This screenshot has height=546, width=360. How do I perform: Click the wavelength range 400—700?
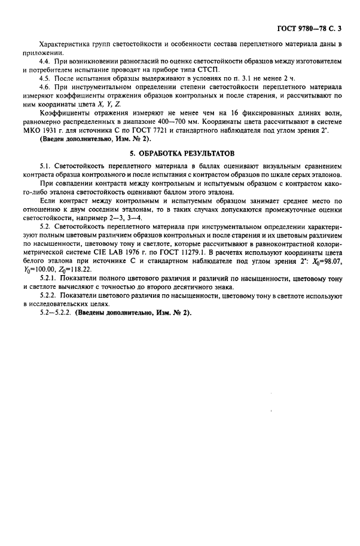(199, 122)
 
